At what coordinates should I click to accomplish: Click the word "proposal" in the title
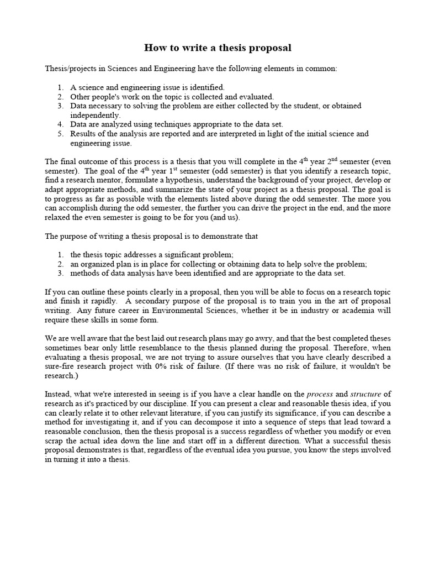(x=271, y=48)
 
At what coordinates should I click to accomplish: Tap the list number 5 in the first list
(x=60, y=134)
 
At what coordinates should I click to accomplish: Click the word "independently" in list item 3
(x=94, y=116)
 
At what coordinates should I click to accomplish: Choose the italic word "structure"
(x=365, y=394)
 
